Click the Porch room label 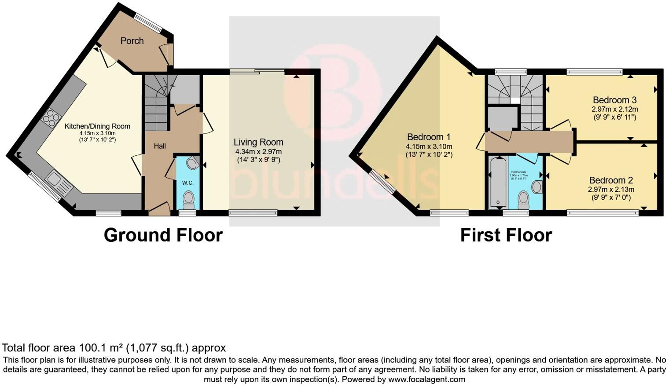[132, 41]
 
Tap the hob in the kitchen [51, 116]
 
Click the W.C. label [188, 183]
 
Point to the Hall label [160, 146]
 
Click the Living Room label [258, 142]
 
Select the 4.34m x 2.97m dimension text [258, 152]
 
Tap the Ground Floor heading [163, 235]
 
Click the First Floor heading [506, 235]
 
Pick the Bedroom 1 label [429, 137]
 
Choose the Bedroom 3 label [614, 100]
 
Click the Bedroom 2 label [611, 180]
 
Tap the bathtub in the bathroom [498, 182]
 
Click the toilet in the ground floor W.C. [188, 199]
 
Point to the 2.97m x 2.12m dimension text [614, 110]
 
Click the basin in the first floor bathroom [537, 187]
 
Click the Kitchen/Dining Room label [97, 126]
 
